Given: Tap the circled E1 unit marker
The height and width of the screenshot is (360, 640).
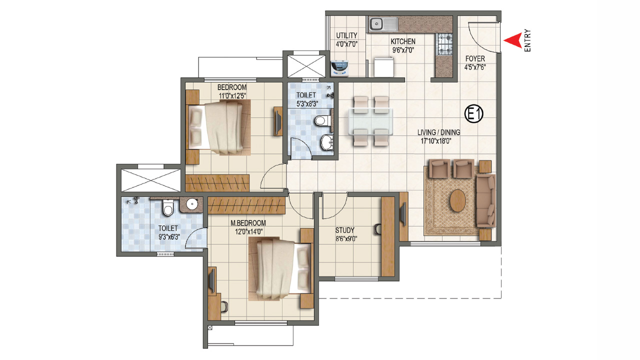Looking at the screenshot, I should click(x=473, y=114).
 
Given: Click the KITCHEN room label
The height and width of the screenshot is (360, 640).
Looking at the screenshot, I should click(x=403, y=41).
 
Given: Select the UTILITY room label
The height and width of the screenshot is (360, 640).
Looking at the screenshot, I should click(x=346, y=35).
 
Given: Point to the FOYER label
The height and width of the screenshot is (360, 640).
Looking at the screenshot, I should click(x=474, y=59).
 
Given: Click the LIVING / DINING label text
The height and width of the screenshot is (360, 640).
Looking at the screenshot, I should click(x=439, y=132).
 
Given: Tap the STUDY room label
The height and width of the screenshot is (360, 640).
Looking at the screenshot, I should click(x=345, y=230).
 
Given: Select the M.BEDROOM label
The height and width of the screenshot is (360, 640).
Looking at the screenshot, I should click(x=248, y=223).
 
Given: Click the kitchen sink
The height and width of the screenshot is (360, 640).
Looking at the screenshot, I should click(x=382, y=23).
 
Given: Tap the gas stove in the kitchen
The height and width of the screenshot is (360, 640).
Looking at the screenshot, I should click(x=444, y=44).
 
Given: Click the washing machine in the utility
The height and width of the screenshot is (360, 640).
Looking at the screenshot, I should click(x=339, y=67).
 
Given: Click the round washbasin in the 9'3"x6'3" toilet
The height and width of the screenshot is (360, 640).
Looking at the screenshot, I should click(x=191, y=204).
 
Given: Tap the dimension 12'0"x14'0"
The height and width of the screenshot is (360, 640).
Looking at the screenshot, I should click(x=247, y=231).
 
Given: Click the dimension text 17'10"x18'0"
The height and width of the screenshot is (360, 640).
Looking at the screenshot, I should click(x=438, y=141).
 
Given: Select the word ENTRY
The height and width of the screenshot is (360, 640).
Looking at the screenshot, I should click(x=527, y=41).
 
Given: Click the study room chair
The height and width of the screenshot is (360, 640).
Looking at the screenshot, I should click(x=376, y=229).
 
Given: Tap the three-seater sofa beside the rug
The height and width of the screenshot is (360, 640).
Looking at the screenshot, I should click(x=485, y=200).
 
